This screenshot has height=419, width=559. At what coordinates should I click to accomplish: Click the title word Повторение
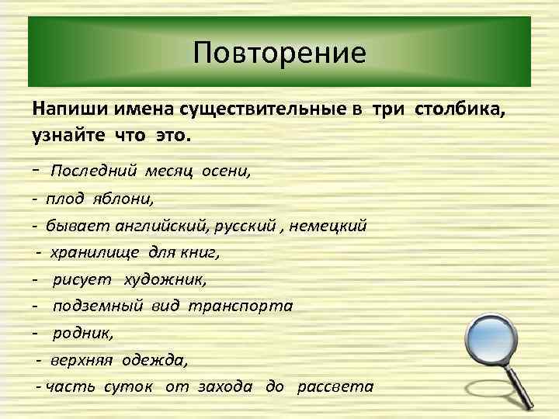279,54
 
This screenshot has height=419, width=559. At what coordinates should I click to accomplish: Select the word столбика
461,109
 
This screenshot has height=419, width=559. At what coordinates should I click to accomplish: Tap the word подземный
98,305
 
